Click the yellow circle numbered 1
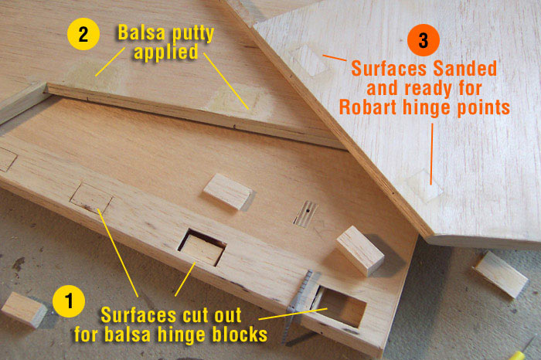click(69, 301)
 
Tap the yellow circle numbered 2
click(83, 34)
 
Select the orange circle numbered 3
click(424, 40)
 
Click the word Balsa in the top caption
click(141, 32)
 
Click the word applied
click(166, 53)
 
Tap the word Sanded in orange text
click(465, 69)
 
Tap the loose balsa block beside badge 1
click(24, 309)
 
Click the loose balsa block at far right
click(502, 273)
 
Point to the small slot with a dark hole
click(306, 214)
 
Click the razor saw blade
click(300, 304)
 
